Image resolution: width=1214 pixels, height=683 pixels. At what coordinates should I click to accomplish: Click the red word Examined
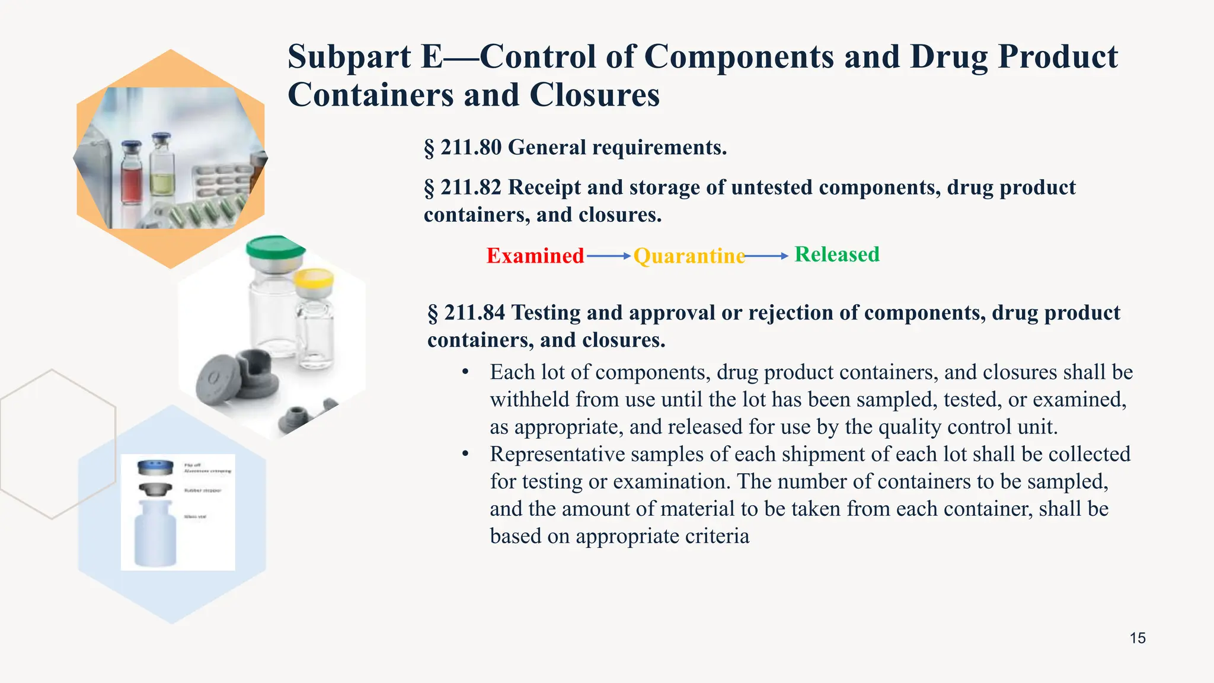tap(535, 256)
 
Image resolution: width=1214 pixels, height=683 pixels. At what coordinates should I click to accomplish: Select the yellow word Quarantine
tap(689, 256)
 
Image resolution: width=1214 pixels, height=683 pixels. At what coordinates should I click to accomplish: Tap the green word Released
tap(837, 254)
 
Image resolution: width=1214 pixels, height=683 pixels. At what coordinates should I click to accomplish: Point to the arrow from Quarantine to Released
tap(766, 256)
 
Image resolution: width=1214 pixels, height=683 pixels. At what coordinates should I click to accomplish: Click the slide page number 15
tap(1138, 638)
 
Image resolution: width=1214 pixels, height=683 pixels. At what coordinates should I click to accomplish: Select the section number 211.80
tap(471, 147)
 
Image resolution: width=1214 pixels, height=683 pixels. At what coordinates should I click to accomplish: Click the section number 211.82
tap(471, 187)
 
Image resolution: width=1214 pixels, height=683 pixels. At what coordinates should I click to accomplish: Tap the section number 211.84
tap(475, 312)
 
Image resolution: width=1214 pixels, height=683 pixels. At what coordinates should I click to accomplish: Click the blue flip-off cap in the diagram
tap(155, 467)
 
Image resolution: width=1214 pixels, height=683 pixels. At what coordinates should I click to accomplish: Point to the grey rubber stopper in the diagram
tap(155, 490)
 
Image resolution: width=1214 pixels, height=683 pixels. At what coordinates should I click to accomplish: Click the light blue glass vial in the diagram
tap(155, 534)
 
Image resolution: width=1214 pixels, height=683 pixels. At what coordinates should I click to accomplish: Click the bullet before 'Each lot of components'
tap(466, 372)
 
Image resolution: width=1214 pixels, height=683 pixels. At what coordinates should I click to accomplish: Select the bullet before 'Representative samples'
tap(466, 454)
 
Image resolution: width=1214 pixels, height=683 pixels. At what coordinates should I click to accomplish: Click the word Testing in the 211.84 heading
tap(545, 312)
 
